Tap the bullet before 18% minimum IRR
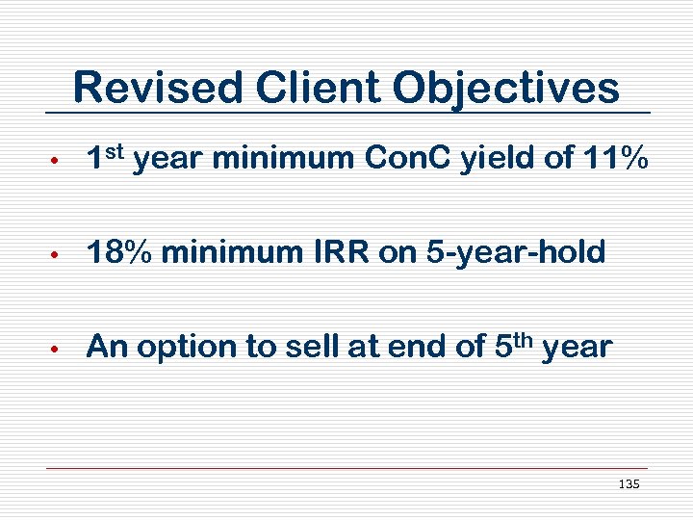(58, 255)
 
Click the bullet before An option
(58, 349)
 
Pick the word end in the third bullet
(416, 347)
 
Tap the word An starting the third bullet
(107, 347)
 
